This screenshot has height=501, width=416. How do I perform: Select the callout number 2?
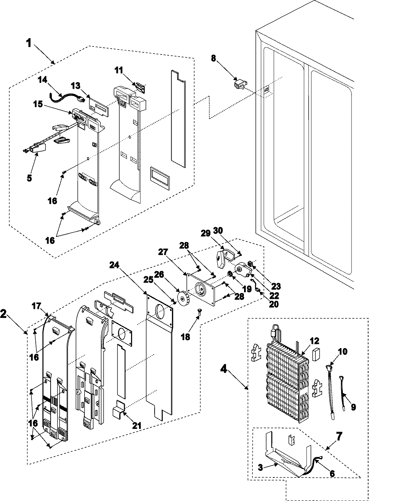point(3,314)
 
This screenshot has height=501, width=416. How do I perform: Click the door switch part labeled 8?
point(241,84)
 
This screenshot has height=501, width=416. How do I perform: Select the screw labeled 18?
point(200,312)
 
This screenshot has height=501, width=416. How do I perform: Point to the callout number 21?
point(137,425)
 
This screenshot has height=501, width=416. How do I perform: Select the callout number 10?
point(343,352)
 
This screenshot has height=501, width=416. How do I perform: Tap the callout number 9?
point(353,407)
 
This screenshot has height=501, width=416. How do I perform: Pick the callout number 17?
point(37,306)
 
